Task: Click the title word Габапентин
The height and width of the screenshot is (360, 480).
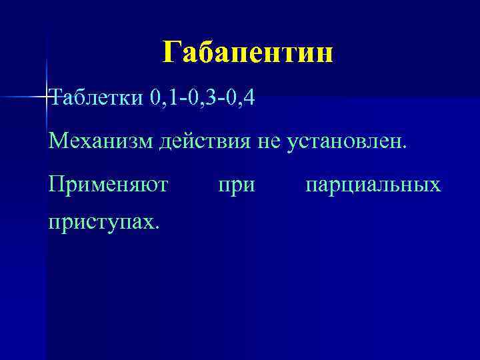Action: click(x=247, y=52)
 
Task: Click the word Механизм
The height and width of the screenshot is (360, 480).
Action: click(x=101, y=141)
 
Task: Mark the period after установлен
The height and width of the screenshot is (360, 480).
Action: click(x=402, y=148)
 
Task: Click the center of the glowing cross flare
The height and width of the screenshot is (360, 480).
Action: click(x=47, y=97)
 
